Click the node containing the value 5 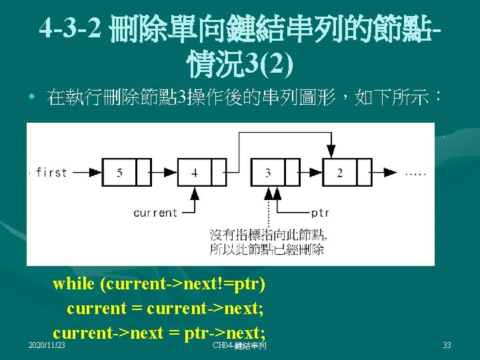point(119,173)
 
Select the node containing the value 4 point(194,173)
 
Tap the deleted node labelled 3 point(268,173)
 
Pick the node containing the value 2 point(340,173)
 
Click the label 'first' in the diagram point(51,173)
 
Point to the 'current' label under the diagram point(155,213)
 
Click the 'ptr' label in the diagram point(320,213)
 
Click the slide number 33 point(447,345)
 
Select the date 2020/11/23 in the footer point(47,345)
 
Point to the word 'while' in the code point(73,284)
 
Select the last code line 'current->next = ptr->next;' point(159,332)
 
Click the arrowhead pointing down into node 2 point(331,151)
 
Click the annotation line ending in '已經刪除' point(267,250)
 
